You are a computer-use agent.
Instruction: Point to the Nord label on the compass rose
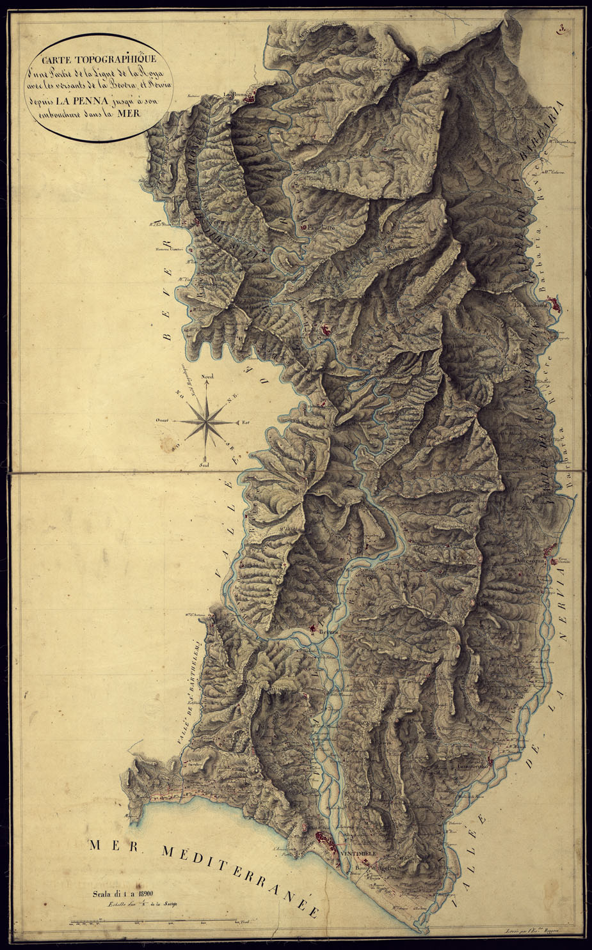pos(207,378)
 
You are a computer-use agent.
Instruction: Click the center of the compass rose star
pos(206,421)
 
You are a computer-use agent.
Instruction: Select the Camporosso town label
pos(472,766)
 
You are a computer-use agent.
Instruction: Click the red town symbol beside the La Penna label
pos(256,98)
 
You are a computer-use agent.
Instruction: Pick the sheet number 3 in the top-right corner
pos(561,27)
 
